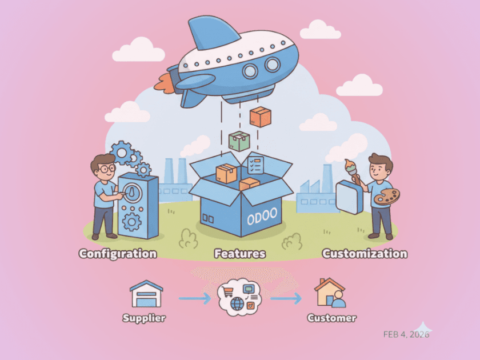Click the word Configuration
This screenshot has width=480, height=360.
pos(118,253)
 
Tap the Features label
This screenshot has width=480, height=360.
pos(240,253)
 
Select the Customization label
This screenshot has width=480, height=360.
pos(365,253)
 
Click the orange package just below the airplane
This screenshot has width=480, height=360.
pos(261,117)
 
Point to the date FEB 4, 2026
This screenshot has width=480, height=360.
pos(406,334)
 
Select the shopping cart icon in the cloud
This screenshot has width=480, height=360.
pos(227,293)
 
